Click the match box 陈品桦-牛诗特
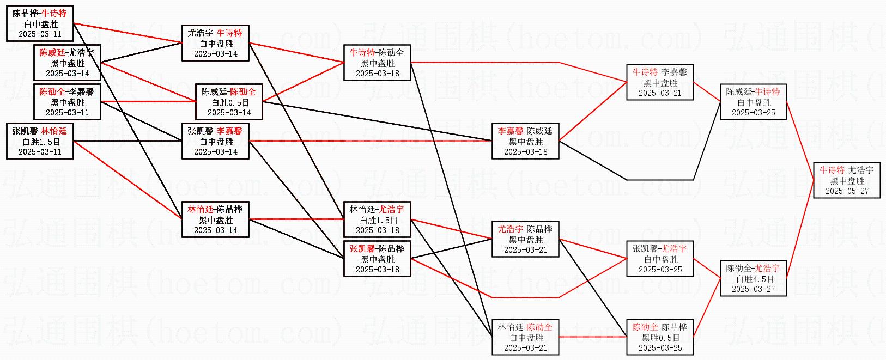(x=40, y=23)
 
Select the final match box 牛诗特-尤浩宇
(x=847, y=180)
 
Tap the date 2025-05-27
(x=847, y=191)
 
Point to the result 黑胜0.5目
(x=660, y=338)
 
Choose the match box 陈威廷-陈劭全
(x=229, y=102)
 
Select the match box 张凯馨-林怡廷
(x=40, y=141)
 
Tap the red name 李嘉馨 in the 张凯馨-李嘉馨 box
(x=229, y=131)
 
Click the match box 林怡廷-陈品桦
(x=215, y=219)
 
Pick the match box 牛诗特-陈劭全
(x=377, y=63)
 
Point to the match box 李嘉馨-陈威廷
(x=525, y=141)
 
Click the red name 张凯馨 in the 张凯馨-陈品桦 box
(x=362, y=249)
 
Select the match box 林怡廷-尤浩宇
(x=377, y=219)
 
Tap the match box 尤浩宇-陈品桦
(x=525, y=239)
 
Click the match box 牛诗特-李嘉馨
(x=660, y=82)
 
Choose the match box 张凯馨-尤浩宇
(x=660, y=259)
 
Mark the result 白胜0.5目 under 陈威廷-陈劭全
(x=229, y=102)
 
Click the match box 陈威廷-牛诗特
(x=754, y=102)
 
